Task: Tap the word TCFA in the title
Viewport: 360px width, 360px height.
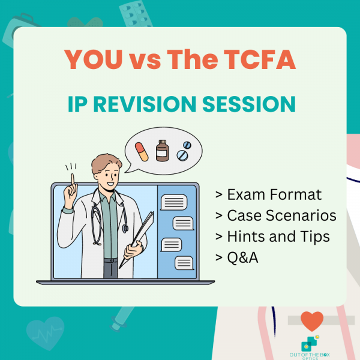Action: pyautogui.click(x=264, y=58)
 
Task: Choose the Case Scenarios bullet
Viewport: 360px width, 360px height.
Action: pyautogui.click(x=275, y=215)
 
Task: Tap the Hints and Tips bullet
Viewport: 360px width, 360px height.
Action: pyautogui.click(x=272, y=236)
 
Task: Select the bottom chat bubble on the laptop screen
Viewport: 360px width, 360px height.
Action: pyautogui.click(x=183, y=262)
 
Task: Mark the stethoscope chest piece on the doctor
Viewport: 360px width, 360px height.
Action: pyautogui.click(x=124, y=229)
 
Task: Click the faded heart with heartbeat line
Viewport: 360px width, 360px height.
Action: pyautogui.click(x=46, y=332)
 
